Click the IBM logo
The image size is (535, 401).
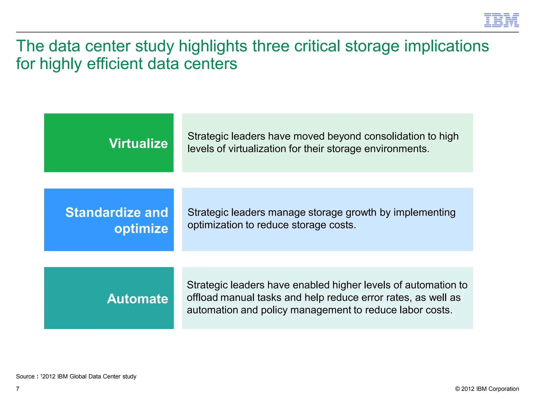tap(501, 20)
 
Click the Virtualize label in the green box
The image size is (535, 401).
tap(138, 143)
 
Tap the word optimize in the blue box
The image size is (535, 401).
tap(141, 229)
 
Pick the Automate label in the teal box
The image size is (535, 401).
tap(137, 299)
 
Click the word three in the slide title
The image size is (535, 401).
tap(271, 46)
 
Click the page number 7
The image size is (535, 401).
tap(18, 389)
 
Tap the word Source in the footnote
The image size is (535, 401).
tap(25, 376)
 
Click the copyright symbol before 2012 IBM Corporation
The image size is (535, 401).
tap(457, 389)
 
